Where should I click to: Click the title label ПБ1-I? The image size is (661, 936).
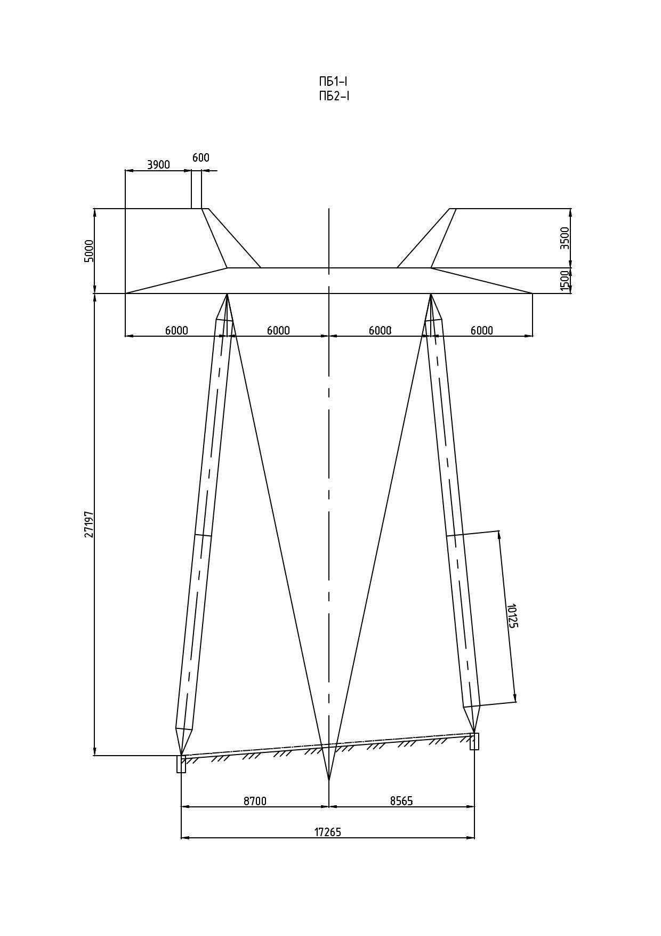pyautogui.click(x=333, y=82)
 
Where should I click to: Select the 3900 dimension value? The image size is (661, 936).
pyautogui.click(x=158, y=164)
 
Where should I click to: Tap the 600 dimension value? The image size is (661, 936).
pyautogui.click(x=201, y=158)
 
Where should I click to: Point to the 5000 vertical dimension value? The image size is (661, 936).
pyautogui.click(x=90, y=251)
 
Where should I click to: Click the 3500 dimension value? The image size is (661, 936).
pyautogui.click(x=565, y=238)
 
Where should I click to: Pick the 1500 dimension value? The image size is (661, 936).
pyautogui.click(x=565, y=281)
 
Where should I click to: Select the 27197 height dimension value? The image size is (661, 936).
pyautogui.click(x=90, y=524)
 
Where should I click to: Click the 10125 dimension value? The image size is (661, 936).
pyautogui.click(x=512, y=616)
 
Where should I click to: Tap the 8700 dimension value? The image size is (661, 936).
pyautogui.click(x=255, y=801)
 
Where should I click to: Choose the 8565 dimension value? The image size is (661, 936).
pyautogui.click(x=401, y=801)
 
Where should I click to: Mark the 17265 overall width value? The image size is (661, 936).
pyautogui.click(x=327, y=832)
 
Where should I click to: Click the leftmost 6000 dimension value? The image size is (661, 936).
pyautogui.click(x=176, y=330)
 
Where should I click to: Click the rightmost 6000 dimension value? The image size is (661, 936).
pyautogui.click(x=482, y=330)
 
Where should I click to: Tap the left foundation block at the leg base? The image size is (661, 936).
pyautogui.click(x=181, y=764)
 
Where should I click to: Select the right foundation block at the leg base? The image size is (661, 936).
pyautogui.click(x=474, y=741)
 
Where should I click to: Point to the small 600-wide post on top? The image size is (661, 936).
pyautogui.click(x=197, y=189)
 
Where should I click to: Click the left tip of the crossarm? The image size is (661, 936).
pyautogui.click(x=125, y=294)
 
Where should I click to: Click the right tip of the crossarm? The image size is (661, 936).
pyautogui.click(x=533, y=294)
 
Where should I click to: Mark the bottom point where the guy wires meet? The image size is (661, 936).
pyautogui.click(x=329, y=781)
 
